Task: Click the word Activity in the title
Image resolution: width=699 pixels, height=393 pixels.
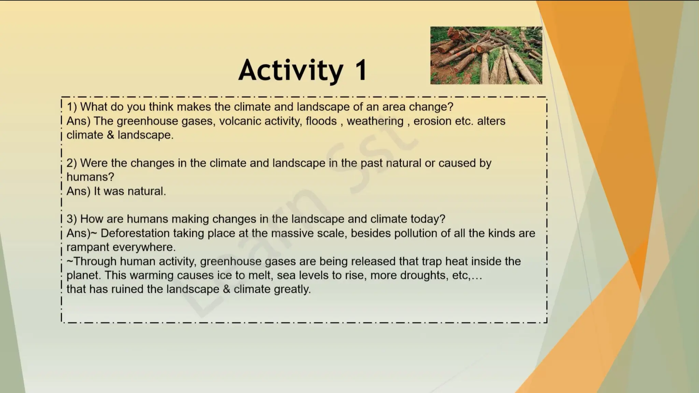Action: [x=290, y=70]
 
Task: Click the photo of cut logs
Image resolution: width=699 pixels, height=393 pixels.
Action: [x=486, y=55]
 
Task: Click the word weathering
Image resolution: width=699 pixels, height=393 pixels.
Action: [x=375, y=121]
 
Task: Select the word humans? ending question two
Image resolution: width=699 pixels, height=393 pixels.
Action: [x=90, y=177]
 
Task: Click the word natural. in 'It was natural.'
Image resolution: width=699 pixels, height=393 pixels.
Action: [x=147, y=191]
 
